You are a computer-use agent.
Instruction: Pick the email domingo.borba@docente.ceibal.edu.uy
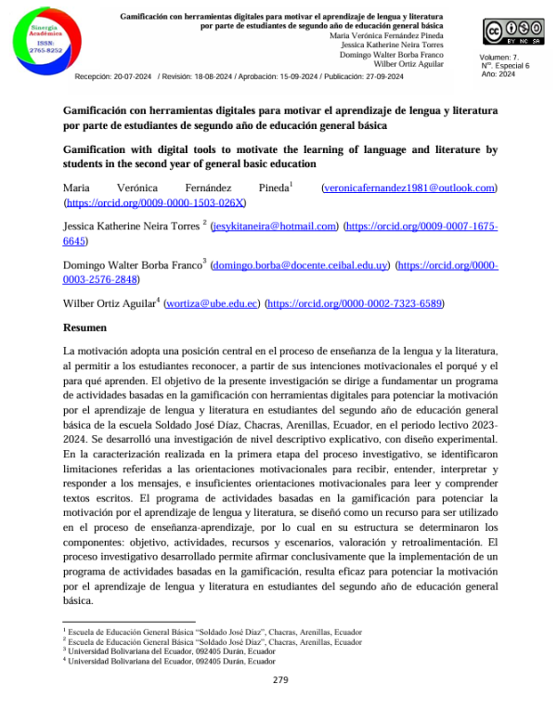(301, 264)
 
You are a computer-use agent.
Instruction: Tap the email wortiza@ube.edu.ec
(211, 303)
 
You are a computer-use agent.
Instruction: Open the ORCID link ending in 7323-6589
(355, 303)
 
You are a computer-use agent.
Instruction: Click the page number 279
(281, 680)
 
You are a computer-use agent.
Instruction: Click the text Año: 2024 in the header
(499, 73)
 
